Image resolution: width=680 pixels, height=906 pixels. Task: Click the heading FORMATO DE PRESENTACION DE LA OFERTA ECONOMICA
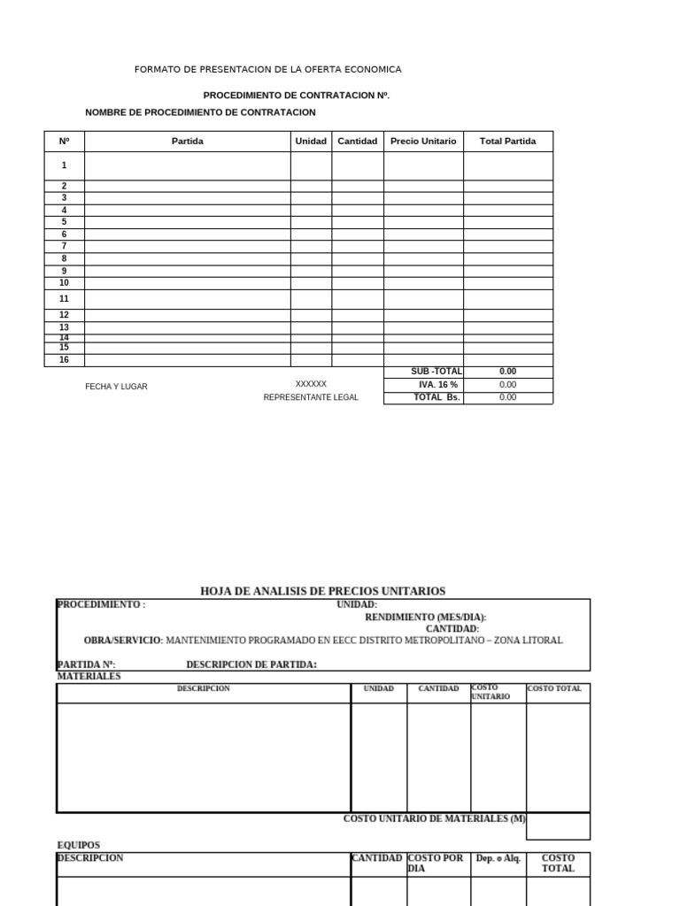(x=267, y=69)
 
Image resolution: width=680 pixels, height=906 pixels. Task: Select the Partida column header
(x=187, y=141)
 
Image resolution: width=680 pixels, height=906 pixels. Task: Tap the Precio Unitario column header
(x=423, y=141)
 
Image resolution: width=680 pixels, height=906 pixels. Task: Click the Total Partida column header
(x=507, y=141)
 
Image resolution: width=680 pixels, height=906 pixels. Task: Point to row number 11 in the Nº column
(x=64, y=299)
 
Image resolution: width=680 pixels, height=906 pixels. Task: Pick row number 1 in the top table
(x=64, y=165)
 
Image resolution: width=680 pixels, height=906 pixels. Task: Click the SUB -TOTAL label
(x=437, y=372)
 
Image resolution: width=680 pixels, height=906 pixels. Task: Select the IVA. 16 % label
(x=438, y=385)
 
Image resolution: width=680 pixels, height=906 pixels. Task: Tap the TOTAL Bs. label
(x=437, y=397)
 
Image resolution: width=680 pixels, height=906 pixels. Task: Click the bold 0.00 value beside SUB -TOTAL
(x=507, y=372)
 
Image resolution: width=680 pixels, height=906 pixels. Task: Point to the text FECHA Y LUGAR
(x=116, y=387)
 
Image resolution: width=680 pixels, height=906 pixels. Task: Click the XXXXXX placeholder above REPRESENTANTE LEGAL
(x=311, y=384)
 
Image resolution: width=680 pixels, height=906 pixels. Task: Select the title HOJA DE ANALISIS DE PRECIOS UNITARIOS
(x=323, y=591)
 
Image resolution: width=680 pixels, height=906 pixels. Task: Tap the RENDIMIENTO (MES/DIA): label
(x=426, y=617)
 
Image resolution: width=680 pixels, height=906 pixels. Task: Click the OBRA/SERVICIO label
(x=123, y=640)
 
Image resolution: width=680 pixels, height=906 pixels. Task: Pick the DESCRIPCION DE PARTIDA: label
(x=251, y=664)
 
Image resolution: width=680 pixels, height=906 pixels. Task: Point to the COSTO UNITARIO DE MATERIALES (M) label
(x=434, y=818)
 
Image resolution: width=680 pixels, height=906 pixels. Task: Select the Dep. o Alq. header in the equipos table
(x=498, y=858)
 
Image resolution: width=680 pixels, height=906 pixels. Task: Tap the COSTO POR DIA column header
(x=436, y=863)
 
